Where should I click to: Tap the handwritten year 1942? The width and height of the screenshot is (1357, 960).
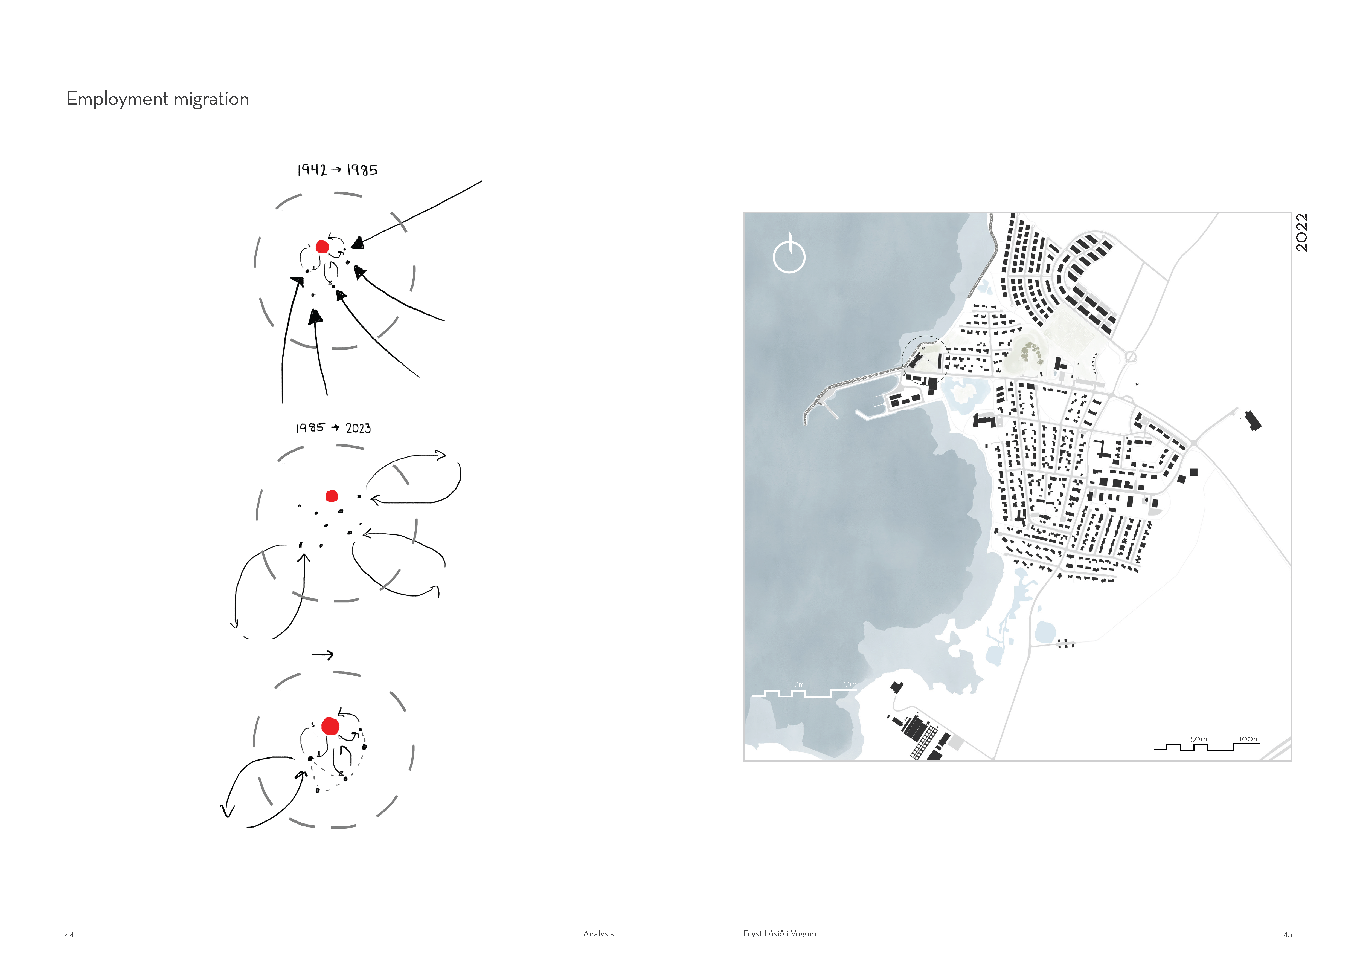pyautogui.click(x=312, y=170)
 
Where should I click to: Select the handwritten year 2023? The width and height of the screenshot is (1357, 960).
pyautogui.click(x=358, y=428)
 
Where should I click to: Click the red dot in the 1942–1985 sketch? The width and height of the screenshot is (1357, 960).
pyautogui.click(x=322, y=247)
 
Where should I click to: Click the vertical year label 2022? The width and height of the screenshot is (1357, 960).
pyautogui.click(x=1301, y=232)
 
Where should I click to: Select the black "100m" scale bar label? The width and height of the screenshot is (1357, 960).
pyautogui.click(x=1250, y=739)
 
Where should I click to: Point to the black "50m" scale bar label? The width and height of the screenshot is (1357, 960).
pyautogui.click(x=1199, y=739)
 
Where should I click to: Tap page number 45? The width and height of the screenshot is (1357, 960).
pyautogui.click(x=1288, y=935)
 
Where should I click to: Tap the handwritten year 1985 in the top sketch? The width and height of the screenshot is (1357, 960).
pyautogui.click(x=362, y=170)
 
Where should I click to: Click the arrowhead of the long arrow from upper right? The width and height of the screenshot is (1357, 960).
pyautogui.click(x=358, y=243)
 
